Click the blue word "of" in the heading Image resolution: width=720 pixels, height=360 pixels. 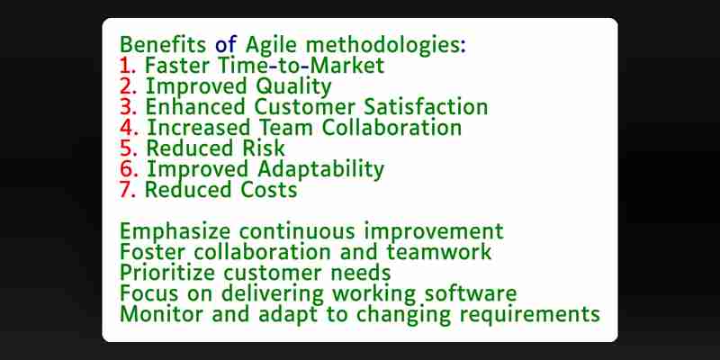(226, 45)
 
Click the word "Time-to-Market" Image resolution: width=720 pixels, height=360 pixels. (301, 66)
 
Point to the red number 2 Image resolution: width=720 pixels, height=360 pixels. (128, 86)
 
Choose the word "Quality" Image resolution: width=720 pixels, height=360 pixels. (293, 87)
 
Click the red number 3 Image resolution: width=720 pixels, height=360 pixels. (128, 107)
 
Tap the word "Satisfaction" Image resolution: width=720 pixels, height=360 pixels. (426, 107)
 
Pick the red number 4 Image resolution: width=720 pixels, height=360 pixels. (129, 128)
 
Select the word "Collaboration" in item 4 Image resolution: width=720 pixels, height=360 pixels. (391, 128)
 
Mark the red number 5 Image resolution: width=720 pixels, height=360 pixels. (128, 148)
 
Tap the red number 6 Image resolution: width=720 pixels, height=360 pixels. (129, 169)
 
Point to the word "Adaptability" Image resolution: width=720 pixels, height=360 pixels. (320, 170)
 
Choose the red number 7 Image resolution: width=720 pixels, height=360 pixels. (128, 190)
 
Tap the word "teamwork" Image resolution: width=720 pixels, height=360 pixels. (439, 252)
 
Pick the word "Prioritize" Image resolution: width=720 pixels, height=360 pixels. (167, 274)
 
